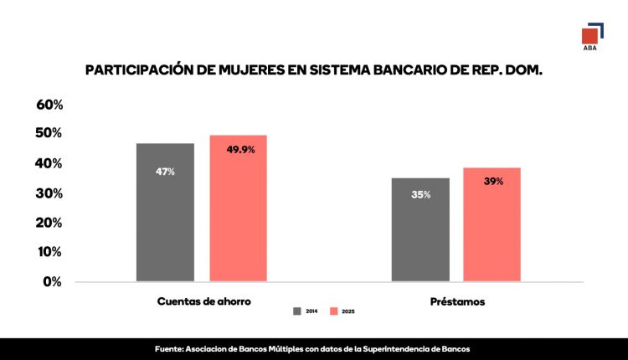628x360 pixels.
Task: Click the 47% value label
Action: coord(165,172)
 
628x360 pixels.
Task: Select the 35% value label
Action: coord(420,195)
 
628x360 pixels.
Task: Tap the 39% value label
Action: coord(493,181)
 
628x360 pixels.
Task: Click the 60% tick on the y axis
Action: coord(49,105)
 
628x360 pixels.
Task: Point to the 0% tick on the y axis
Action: coord(53,281)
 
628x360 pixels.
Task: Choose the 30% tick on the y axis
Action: coord(49,193)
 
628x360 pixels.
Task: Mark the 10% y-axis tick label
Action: coord(49,252)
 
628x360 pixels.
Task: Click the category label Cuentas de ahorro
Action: coord(203,301)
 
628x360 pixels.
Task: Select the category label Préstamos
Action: coord(456,301)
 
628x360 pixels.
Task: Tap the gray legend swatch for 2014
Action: coord(297,311)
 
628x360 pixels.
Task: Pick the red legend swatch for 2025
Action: coord(332,311)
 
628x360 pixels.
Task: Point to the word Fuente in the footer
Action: coord(171,348)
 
